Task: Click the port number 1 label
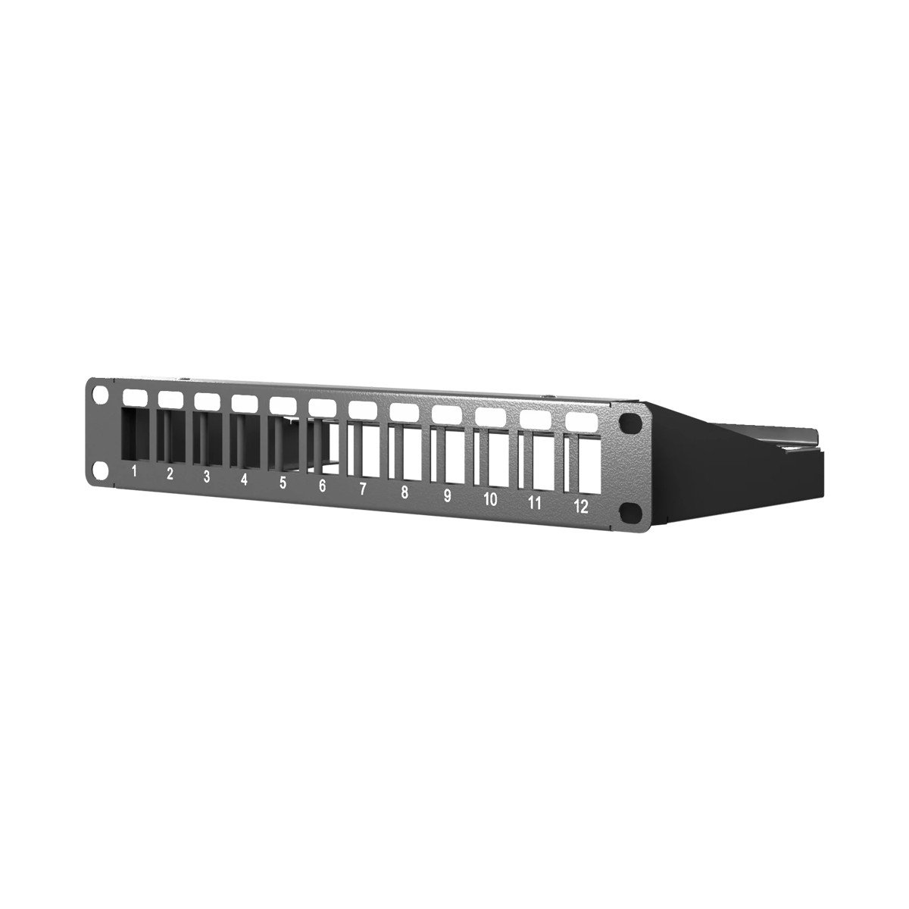point(134,470)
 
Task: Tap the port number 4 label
point(244,479)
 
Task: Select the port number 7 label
point(362,489)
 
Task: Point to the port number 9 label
point(447,495)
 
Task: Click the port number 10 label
point(491,499)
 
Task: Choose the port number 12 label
point(581,507)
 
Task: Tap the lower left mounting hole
point(101,470)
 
